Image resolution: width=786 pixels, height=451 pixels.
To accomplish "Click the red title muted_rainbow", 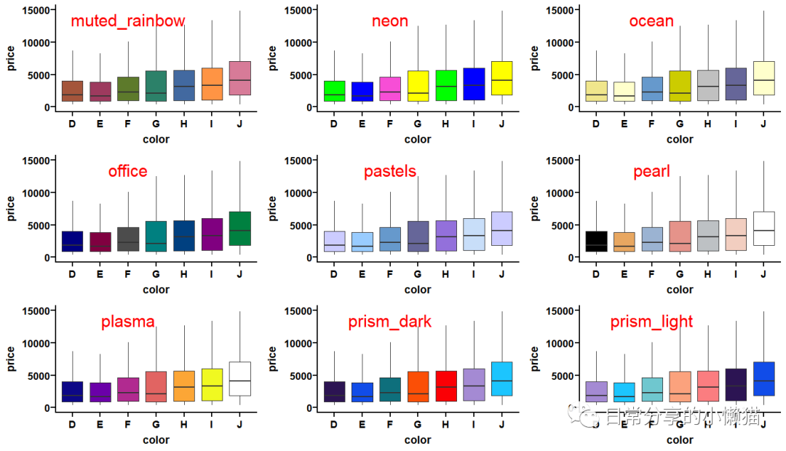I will coord(128,21).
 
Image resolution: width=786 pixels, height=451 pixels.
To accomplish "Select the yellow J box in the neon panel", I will coord(501,78).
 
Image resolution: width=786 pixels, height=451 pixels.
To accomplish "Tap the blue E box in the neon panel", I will coord(362,92).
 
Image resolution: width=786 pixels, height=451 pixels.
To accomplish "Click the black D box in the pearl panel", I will coord(595,241).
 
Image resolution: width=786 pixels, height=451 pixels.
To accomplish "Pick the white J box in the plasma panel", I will coord(239,378).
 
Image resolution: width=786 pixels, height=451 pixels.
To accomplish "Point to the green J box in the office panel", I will coord(239,228).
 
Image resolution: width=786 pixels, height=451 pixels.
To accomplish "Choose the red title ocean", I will coord(651,21).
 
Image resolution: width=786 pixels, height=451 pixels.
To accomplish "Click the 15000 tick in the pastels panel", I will coord(300,161).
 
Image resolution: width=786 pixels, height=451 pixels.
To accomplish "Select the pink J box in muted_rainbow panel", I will coord(239,78).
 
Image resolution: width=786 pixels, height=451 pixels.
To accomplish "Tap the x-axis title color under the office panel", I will coord(156,290).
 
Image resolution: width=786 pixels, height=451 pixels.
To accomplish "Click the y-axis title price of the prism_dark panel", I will coord(272,359).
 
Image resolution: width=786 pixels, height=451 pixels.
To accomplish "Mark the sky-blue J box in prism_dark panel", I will coord(501,378).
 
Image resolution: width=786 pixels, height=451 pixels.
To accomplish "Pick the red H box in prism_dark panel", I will coord(445,386).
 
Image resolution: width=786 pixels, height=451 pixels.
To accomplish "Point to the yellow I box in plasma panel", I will coord(212,385).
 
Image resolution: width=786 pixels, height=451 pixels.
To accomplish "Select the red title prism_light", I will coord(651,322).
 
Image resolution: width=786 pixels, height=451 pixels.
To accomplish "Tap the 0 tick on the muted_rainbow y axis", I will coord(47,107).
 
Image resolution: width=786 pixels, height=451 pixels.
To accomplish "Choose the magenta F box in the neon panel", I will coord(389,89).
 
